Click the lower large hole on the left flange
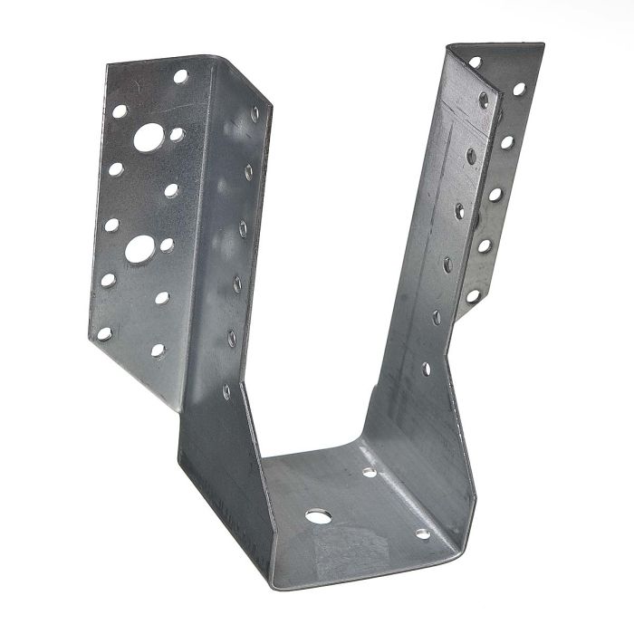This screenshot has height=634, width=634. [x=139, y=249]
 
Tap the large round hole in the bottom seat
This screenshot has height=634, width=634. [x=318, y=516]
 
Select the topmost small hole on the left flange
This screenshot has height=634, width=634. [x=180, y=77]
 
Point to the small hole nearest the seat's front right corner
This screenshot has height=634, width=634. [x=422, y=533]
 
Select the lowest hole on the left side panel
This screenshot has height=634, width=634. [x=226, y=392]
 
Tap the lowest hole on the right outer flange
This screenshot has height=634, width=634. [x=471, y=295]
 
